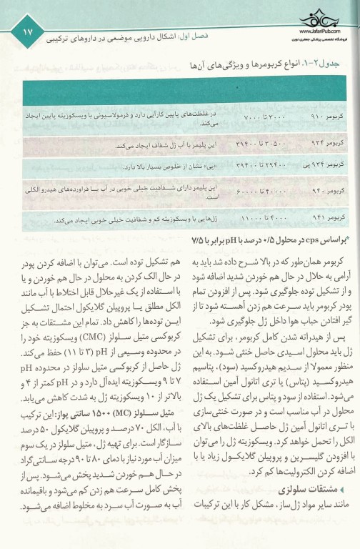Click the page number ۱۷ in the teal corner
26,31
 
